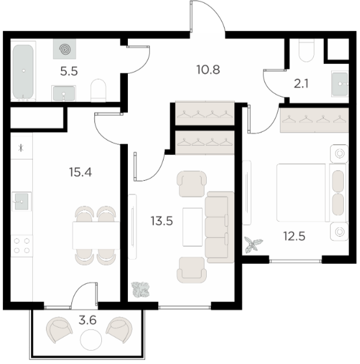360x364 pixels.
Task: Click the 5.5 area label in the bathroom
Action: point(69,71)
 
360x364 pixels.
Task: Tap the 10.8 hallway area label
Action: point(208,70)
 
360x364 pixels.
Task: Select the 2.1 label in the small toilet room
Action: point(301,84)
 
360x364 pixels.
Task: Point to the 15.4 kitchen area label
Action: point(80,172)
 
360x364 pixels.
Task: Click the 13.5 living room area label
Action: point(162,221)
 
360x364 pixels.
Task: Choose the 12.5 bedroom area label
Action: point(294,236)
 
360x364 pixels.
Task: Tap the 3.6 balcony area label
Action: point(88,320)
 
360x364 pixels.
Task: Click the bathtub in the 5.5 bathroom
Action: point(23,71)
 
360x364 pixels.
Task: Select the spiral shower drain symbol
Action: point(65,49)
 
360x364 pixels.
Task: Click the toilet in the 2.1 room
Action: point(306,50)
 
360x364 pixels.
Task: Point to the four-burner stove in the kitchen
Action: point(22,246)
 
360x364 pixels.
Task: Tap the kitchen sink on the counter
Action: point(21,202)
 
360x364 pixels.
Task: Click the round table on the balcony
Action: point(91,340)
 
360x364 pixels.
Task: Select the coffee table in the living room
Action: point(192,227)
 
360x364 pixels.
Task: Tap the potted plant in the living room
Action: point(141,290)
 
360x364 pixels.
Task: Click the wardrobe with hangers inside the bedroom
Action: point(314,120)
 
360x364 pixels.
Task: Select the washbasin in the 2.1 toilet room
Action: point(340,84)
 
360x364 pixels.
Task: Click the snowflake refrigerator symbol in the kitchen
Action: point(21,148)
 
